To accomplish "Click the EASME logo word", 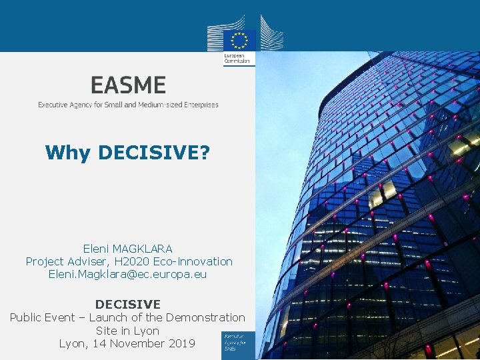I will pyautogui.click(x=128, y=85).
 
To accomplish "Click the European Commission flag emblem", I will pyautogui.click(x=239, y=39).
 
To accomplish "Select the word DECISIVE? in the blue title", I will pyautogui.click(x=153, y=153).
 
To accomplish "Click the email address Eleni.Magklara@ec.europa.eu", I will pyautogui.click(x=128, y=274).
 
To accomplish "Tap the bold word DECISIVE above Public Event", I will pyautogui.click(x=128, y=305).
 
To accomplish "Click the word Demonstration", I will pyautogui.click(x=205, y=317).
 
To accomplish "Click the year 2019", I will pyautogui.click(x=181, y=343).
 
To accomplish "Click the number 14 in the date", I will pyautogui.click(x=99, y=343).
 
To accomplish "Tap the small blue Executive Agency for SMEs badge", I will pyautogui.click(x=239, y=343).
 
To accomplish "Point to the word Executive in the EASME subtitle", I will pyautogui.click(x=53, y=105).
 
